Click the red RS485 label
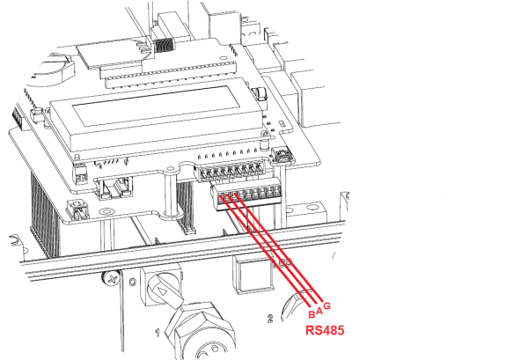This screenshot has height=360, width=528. [x=323, y=333]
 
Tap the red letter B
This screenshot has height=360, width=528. [x=311, y=315]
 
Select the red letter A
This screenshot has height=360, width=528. [x=319, y=309]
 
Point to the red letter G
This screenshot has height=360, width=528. [x=328, y=305]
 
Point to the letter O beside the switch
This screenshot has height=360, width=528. [x=133, y=283]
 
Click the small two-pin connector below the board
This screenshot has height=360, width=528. [x=77, y=209]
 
